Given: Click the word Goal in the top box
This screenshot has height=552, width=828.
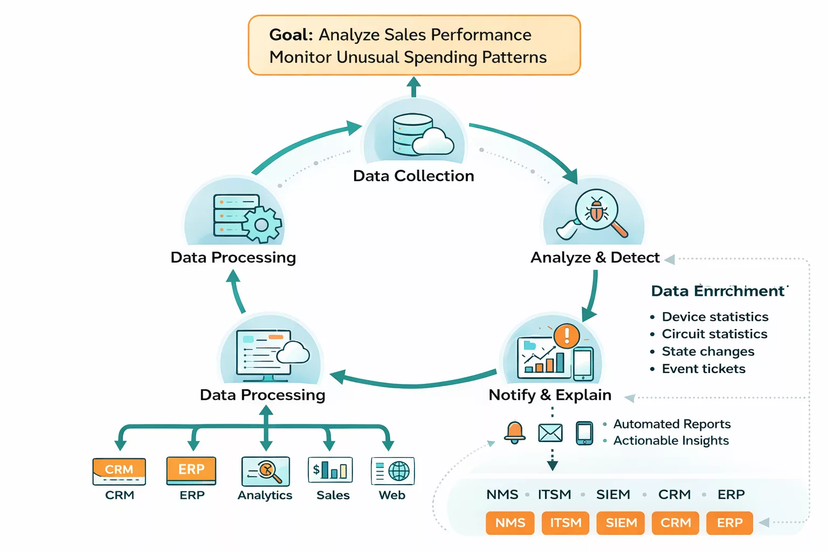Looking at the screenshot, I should point(291,34).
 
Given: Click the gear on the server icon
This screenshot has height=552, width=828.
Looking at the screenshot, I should point(262,224).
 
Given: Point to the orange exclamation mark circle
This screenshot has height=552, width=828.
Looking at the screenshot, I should point(567,335).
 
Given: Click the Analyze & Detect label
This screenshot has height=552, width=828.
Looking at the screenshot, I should point(595,258).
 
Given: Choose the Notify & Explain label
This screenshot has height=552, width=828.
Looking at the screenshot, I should point(549,395).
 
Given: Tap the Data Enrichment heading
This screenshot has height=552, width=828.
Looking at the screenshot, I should point(717,291).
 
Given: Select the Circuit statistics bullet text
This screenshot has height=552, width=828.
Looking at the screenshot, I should point(714,334).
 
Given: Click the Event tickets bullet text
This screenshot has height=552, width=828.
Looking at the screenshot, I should point(703,369).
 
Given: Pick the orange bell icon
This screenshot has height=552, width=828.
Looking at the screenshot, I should point(514,432).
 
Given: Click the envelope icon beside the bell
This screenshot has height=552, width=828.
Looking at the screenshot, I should point(550,433).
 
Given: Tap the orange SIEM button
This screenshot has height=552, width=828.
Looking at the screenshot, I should point(621,523).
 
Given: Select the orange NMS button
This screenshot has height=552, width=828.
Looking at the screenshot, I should point(510,523).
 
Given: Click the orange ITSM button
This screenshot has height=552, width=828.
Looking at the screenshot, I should point(565,523).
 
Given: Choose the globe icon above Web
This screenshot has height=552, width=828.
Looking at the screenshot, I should point(399,471).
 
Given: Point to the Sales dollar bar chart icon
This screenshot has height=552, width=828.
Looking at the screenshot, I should point(330,470).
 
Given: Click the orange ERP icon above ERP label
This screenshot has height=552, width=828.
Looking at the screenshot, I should point(191,470).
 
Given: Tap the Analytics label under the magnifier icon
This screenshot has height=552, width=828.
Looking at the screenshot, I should point(265,495).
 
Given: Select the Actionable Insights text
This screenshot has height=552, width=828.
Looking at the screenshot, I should point(671,441).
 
